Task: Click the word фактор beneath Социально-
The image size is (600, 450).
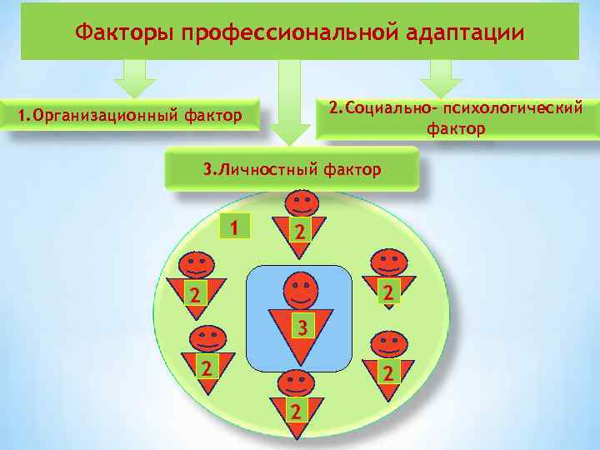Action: [455, 130]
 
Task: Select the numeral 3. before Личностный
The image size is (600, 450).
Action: [210, 170]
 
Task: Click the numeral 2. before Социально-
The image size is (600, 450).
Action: [334, 108]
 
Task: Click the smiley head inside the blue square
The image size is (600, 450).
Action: [301, 291]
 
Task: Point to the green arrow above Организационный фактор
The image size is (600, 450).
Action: [135, 79]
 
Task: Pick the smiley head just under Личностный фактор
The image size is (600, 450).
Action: [301, 202]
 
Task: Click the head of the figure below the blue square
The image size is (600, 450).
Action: [295, 382]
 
